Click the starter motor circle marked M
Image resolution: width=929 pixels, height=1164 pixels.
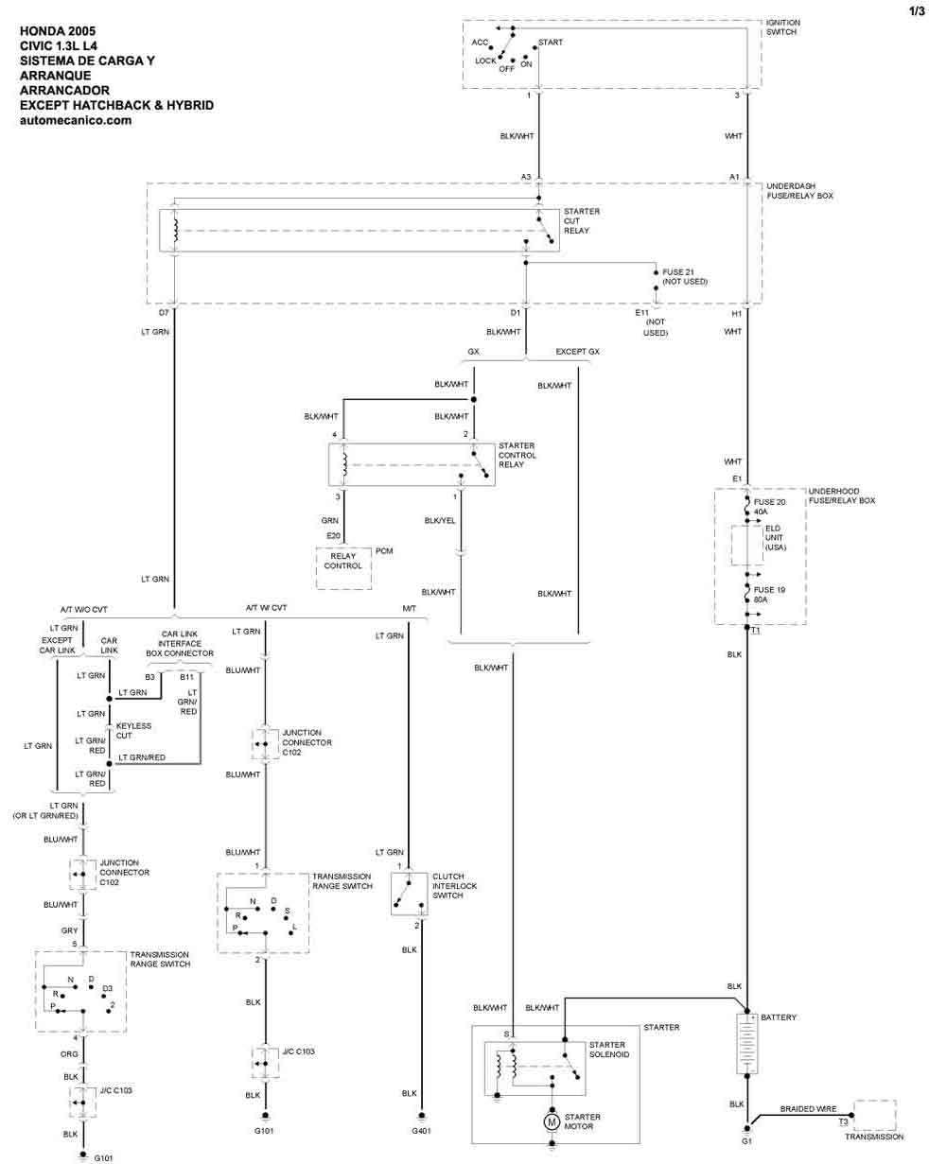pos(551,1121)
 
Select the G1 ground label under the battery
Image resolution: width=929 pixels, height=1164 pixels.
pos(747,1140)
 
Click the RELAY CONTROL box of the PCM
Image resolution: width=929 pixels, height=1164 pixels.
pos(342,561)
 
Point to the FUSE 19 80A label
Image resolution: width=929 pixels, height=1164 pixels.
pos(768,594)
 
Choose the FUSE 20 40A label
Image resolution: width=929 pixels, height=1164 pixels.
pos(768,506)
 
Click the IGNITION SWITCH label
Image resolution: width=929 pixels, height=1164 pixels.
pos(783,26)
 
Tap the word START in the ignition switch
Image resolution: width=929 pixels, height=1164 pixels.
pos(551,43)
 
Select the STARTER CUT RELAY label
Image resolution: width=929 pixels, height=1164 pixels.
pos(581,220)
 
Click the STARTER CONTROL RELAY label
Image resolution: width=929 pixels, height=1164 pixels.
pos(517,455)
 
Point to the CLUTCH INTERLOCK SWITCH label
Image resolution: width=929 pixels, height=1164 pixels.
pos(454,886)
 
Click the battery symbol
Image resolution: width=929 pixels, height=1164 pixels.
pos(747,1043)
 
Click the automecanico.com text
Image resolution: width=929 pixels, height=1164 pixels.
pos(76,121)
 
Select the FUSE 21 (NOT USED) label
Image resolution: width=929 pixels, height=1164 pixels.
pos(684,277)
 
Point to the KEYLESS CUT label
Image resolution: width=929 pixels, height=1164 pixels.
pos(133,731)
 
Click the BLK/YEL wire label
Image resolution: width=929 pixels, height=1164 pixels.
pos(439,520)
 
